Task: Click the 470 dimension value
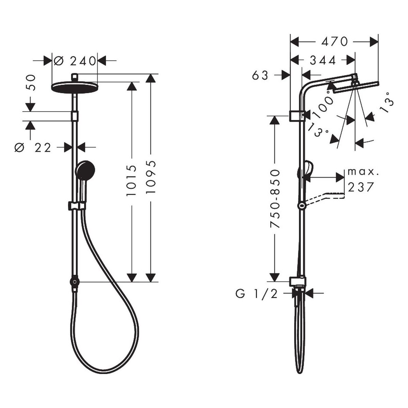click(x=334, y=41)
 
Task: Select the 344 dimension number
click(x=323, y=61)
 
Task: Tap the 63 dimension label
click(x=260, y=75)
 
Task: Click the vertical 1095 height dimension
click(x=151, y=177)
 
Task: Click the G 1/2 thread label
click(x=256, y=294)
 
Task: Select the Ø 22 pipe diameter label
click(x=33, y=148)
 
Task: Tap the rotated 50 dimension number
click(x=31, y=83)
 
